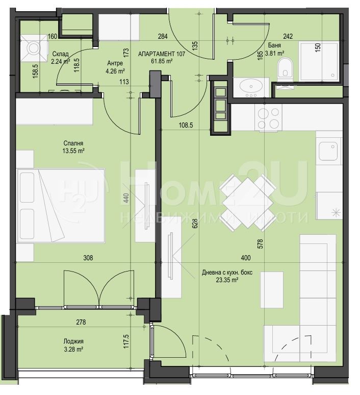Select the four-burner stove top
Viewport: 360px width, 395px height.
click(268, 118)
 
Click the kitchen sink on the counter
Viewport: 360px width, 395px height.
click(328, 151)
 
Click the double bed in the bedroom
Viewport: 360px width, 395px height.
click(60, 206)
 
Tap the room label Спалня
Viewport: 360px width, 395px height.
click(73, 143)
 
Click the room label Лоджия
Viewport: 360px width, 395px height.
click(73, 341)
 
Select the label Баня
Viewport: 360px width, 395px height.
click(274, 45)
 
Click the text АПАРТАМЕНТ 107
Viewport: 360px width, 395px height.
click(162, 54)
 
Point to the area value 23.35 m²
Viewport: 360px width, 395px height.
click(227, 280)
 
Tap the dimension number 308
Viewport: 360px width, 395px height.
click(88, 258)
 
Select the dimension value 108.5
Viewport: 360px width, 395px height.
click(186, 125)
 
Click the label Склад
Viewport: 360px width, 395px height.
click(60, 54)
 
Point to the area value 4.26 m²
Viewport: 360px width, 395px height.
click(115, 71)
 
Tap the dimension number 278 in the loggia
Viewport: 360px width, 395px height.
click(81, 322)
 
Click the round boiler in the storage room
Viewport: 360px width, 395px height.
click(34, 47)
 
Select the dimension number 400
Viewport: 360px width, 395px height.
click(246, 258)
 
